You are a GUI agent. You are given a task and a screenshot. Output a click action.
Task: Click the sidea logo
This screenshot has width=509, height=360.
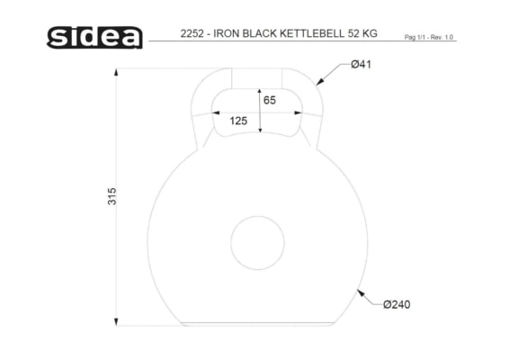[x=94, y=38]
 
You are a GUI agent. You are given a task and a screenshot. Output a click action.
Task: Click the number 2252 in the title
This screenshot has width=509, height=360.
[x=192, y=33]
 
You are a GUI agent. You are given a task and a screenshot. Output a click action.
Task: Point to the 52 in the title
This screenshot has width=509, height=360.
[x=353, y=33]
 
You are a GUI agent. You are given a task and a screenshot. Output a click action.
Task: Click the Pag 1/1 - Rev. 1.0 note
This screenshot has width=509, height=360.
[x=428, y=37]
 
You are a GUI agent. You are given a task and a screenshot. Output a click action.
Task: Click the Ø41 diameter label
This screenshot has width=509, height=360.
[x=361, y=64]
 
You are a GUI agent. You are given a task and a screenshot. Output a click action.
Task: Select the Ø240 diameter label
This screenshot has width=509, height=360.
[x=397, y=304]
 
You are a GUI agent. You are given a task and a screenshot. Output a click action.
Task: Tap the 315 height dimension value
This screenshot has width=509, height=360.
[x=112, y=196]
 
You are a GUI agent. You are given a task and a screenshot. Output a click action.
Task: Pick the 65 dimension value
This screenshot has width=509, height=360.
[x=270, y=100]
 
